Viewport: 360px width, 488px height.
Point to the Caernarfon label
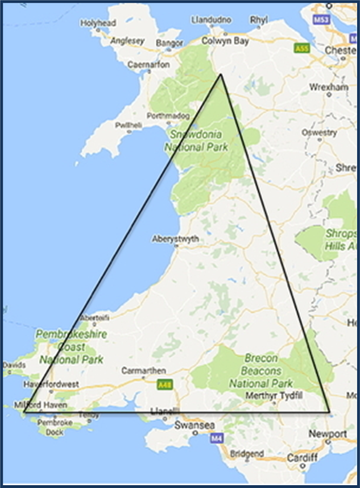coord(150,65)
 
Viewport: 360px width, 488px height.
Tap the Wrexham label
coord(329,87)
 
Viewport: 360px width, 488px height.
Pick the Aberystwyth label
coord(176,239)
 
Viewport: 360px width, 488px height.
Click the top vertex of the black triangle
coord(221,74)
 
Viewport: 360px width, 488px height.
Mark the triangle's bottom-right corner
coord(330,412)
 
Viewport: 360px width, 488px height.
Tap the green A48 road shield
coord(164,385)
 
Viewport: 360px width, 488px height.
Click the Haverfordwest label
coord(51,385)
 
